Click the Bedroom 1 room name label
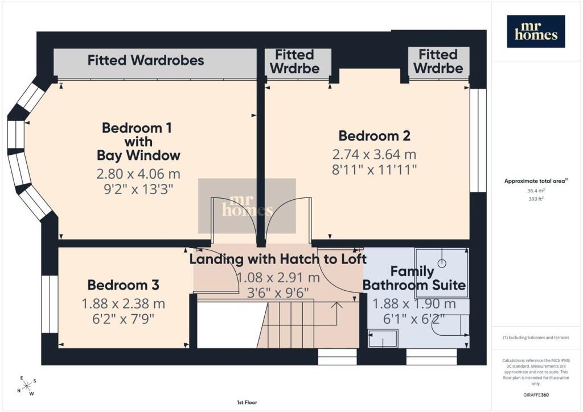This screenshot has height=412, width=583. click(x=138, y=142)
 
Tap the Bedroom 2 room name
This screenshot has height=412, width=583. click(x=375, y=136)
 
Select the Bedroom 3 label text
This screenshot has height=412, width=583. click(x=124, y=285)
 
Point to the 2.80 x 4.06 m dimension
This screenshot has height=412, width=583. click(x=138, y=174)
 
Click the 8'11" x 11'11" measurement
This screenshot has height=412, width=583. click(x=375, y=170)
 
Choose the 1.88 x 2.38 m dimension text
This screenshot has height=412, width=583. click(x=124, y=304)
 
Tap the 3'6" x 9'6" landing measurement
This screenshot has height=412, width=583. click(x=278, y=293)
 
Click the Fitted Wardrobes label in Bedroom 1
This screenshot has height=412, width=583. click(x=146, y=60)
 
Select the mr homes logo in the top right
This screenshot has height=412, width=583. click(x=536, y=31)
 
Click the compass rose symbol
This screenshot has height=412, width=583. click(x=27, y=386)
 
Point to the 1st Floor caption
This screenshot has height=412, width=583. click(x=247, y=402)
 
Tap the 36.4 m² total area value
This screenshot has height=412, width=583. click(x=536, y=191)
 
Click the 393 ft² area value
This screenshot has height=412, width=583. click(x=536, y=199)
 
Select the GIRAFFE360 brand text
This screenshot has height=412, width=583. click(x=536, y=395)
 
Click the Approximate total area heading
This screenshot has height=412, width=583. click(x=536, y=182)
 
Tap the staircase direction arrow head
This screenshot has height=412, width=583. click(x=337, y=304)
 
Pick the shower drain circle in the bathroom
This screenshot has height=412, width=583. click(x=442, y=263)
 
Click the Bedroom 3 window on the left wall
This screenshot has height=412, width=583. click(x=50, y=304)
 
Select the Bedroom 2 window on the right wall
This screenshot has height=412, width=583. click(x=478, y=140)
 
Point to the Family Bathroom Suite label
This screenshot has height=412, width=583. click(x=414, y=278)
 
